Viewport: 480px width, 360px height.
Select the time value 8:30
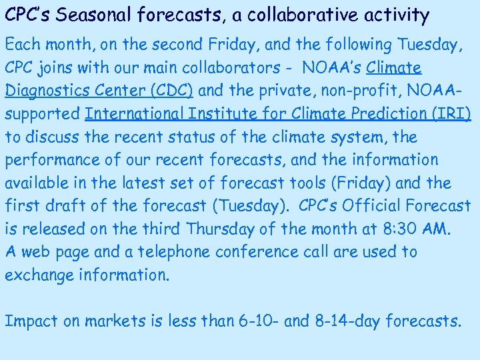point(402,229)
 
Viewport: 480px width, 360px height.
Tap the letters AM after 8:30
point(437,229)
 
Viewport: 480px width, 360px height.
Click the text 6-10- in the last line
point(258,321)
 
